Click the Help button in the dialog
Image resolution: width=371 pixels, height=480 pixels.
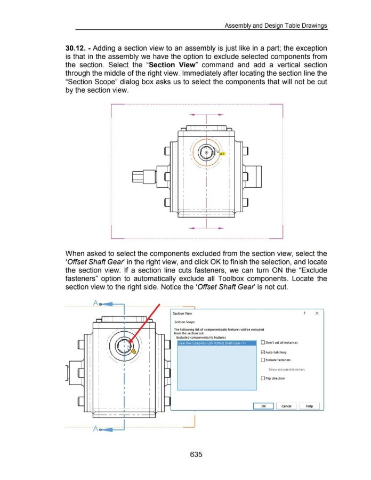tap(309, 406)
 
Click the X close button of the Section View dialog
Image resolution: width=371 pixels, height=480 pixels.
tap(317, 314)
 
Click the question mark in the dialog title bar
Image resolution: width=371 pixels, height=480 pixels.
tap(304, 314)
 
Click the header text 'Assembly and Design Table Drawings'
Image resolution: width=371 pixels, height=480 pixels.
tap(276, 25)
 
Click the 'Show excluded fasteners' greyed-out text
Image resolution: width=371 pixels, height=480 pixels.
tap(287, 369)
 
